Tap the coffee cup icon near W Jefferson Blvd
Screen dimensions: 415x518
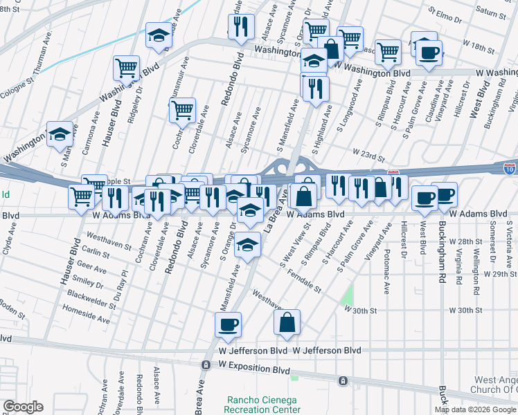pos(228,324)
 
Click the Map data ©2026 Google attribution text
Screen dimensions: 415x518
pos(475,409)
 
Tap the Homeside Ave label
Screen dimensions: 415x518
pos(86,317)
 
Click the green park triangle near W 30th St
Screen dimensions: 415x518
pos(347,297)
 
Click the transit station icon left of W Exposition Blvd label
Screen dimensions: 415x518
pos(206,365)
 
